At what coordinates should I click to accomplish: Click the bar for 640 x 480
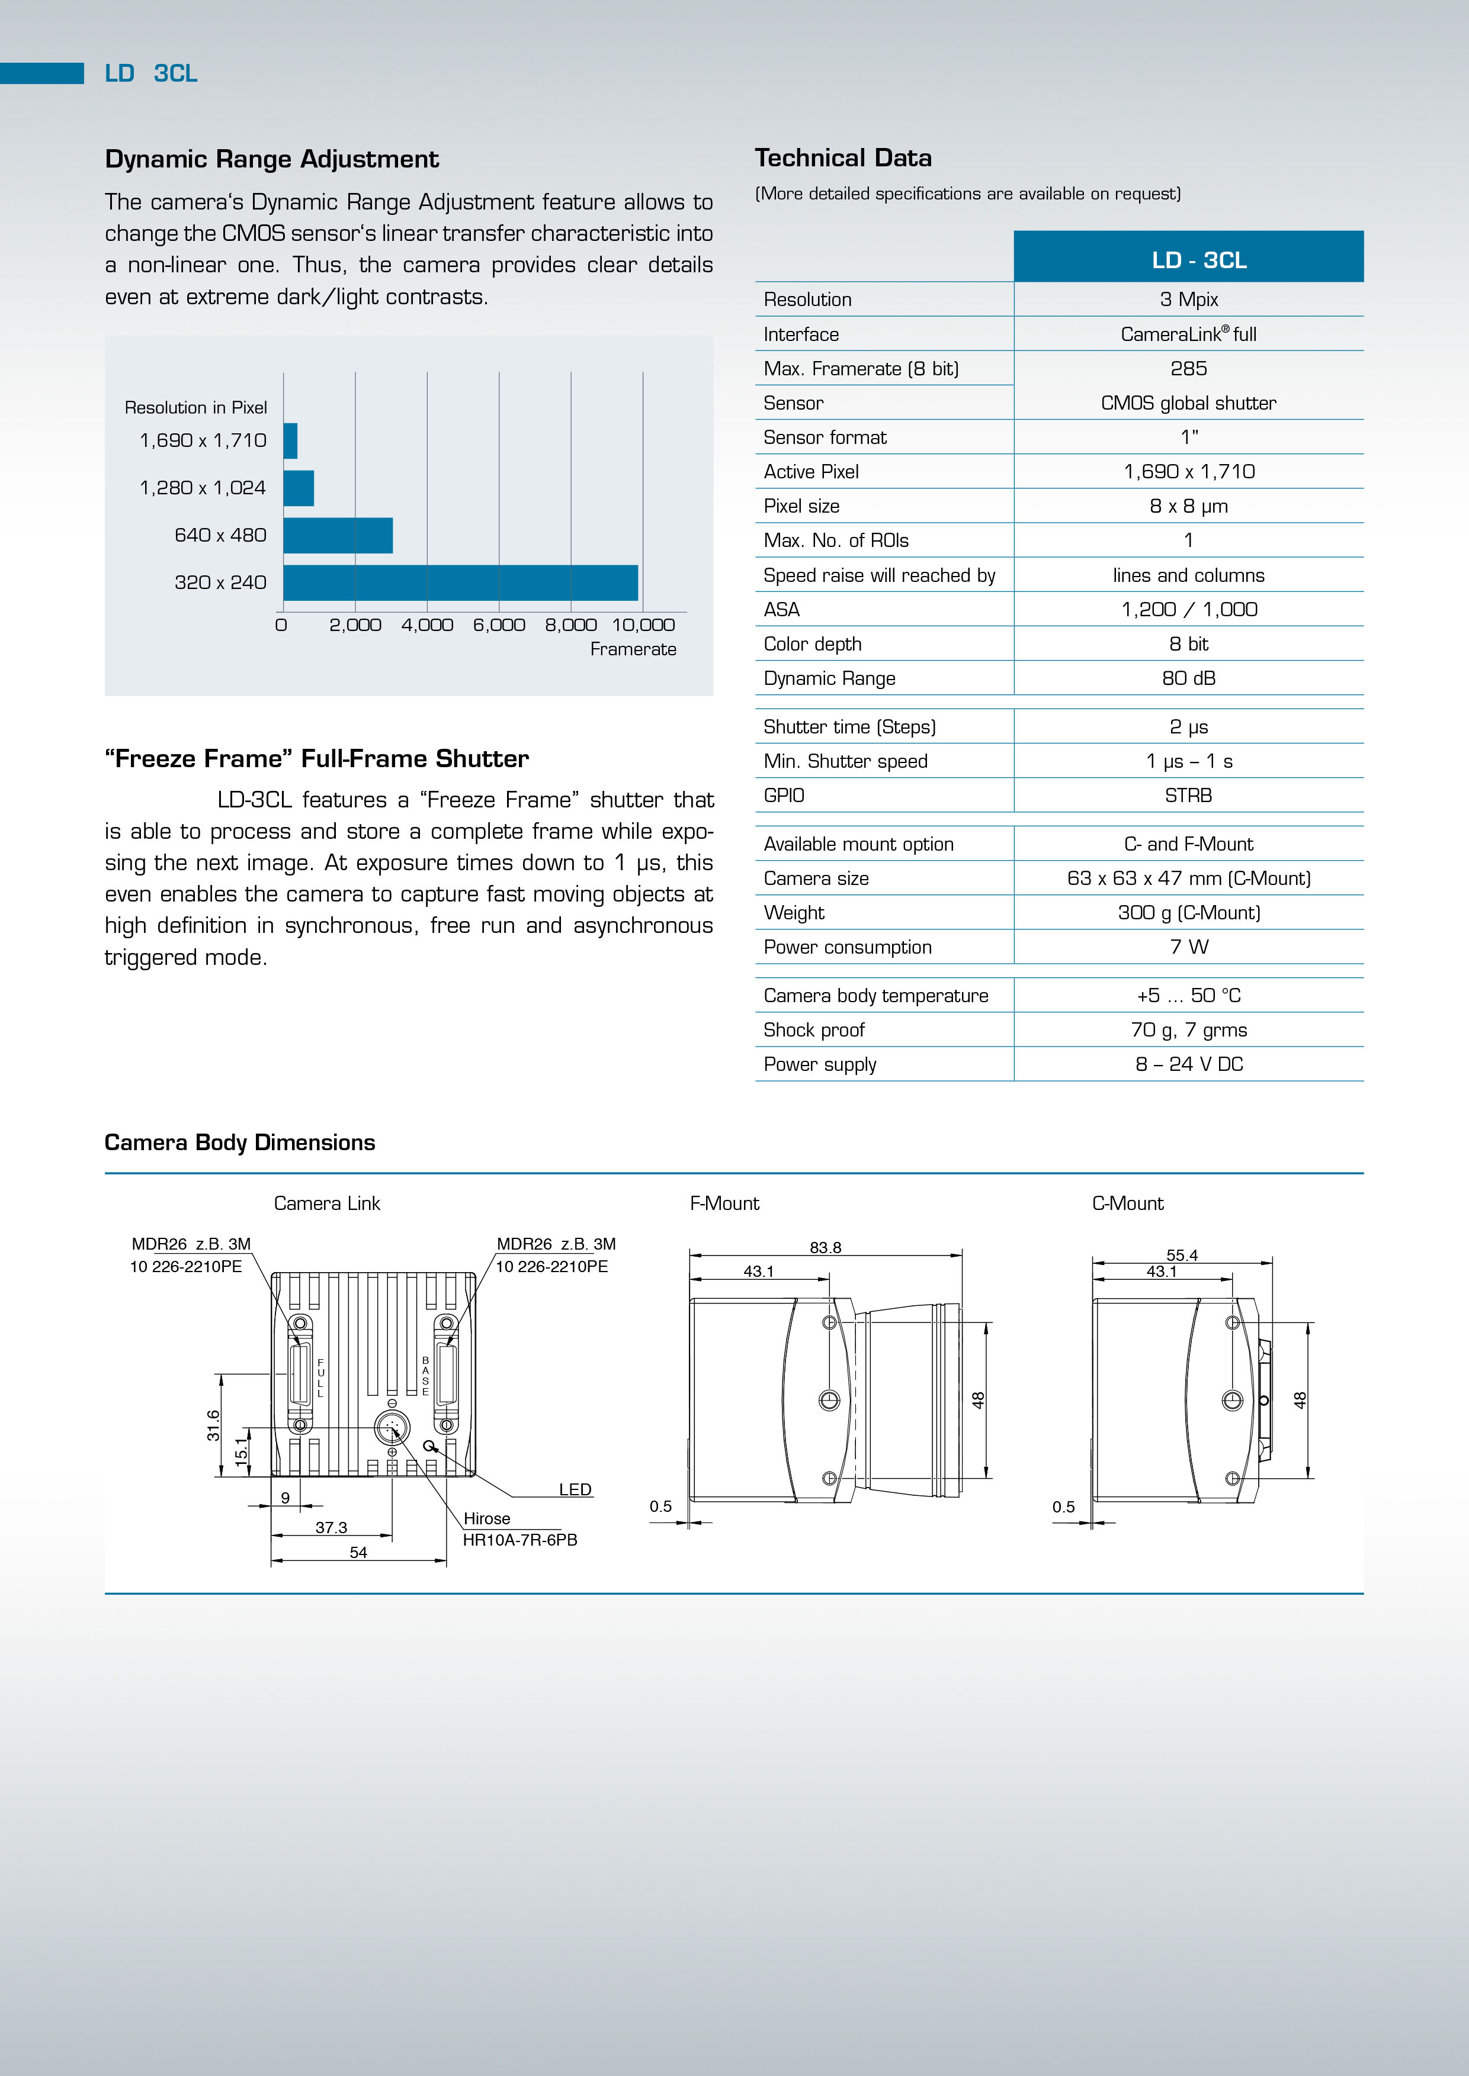point(338,535)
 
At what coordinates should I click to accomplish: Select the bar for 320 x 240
point(460,582)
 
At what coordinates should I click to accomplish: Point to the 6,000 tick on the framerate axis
point(498,625)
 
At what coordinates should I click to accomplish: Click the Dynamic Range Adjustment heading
point(271,159)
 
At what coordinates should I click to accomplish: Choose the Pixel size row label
point(801,506)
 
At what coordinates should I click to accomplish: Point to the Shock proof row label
point(814,1030)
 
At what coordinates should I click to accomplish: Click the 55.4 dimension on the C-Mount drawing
point(1181,1255)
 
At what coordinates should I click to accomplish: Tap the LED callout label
point(575,1489)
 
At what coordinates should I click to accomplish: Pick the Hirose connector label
point(487,1519)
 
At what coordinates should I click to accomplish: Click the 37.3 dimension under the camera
point(331,1527)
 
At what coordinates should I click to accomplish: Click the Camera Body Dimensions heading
point(240,1143)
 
